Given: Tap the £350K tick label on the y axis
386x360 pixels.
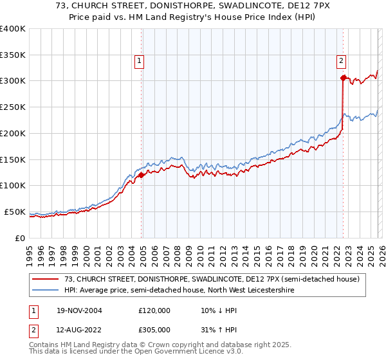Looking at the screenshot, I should (13, 55).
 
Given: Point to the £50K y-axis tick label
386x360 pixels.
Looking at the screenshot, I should (15, 212).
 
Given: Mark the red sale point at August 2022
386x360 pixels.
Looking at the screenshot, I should (343, 78).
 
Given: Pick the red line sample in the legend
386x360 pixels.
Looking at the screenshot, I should (46, 278).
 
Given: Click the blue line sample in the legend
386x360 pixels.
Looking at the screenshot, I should (46, 289).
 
